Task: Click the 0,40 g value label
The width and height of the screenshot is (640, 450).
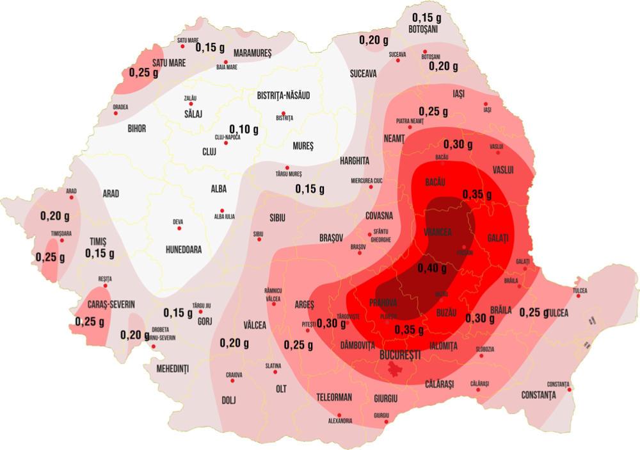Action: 431,268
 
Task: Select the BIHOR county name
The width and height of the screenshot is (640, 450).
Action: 136,128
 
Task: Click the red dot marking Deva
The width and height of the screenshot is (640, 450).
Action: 179,228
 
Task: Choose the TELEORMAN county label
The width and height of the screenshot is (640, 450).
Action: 334,397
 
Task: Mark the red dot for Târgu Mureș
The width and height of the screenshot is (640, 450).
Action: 278,167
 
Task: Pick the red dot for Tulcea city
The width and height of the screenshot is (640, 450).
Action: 578,279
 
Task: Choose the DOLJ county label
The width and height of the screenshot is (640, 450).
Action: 228,401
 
